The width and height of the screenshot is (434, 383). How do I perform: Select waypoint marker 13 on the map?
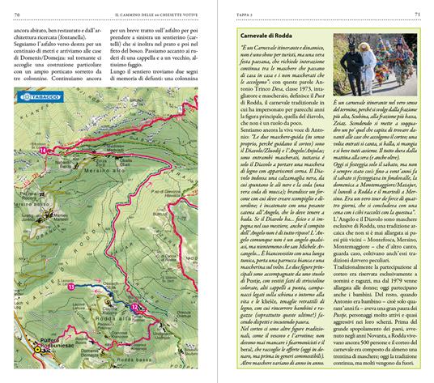tap(71, 286)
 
